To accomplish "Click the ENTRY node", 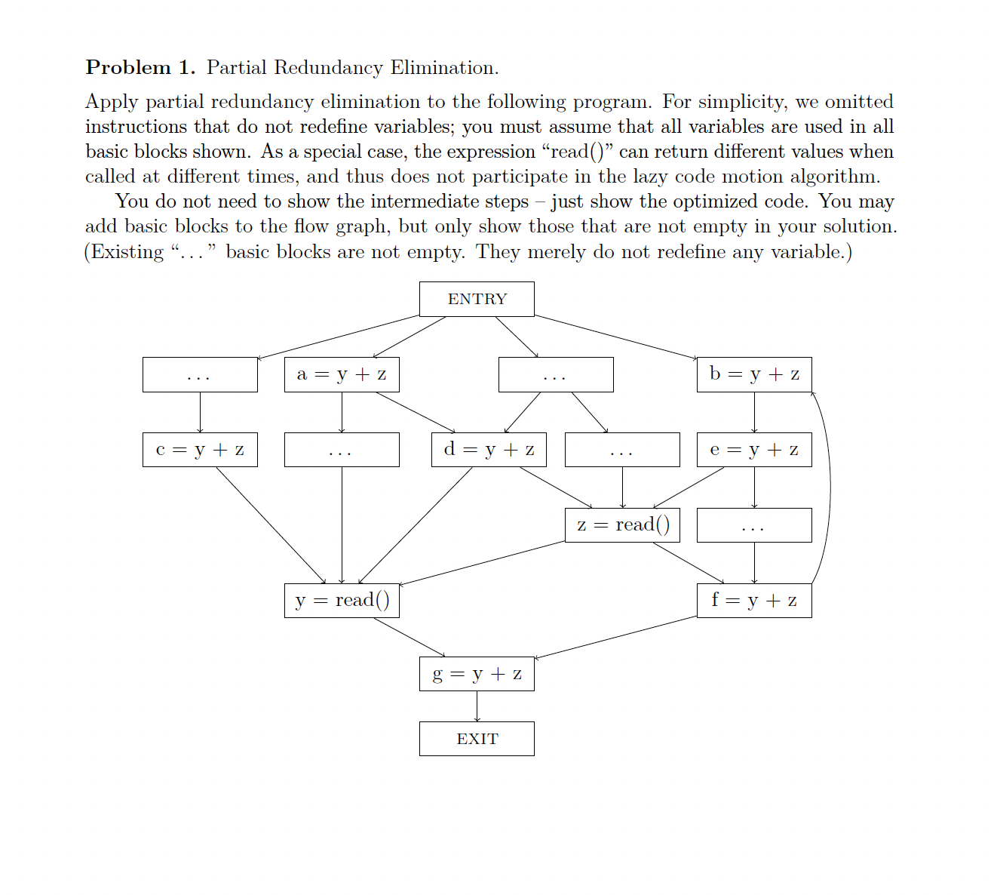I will pyautogui.click(x=477, y=299).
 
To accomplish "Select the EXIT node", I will pyautogui.click(x=477, y=739).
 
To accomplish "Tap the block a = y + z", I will pyautogui.click(x=342, y=374).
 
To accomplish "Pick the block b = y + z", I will pyautogui.click(x=754, y=374).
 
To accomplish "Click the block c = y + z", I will pyautogui.click(x=200, y=450).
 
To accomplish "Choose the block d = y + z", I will pyautogui.click(x=489, y=450).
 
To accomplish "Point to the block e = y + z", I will pyautogui.click(x=754, y=450).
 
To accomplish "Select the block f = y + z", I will pyautogui.click(x=754, y=601).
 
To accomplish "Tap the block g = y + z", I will pyautogui.click(x=477, y=674).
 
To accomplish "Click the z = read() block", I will pyautogui.click(x=622, y=525).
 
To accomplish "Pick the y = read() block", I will pyautogui.click(x=342, y=601).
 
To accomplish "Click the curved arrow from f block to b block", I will pyautogui.click(x=830, y=487).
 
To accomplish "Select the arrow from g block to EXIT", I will pyautogui.click(x=477, y=706).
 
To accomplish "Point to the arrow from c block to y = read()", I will pyautogui.click(x=270, y=524).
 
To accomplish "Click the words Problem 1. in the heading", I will pyautogui.click(x=140, y=68).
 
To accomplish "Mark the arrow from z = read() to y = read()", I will pyautogui.click(x=483, y=563).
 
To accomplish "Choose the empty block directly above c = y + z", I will pyautogui.click(x=200, y=374).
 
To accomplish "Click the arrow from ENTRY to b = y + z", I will pyautogui.click(x=615, y=337).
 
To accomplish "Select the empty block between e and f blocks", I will pyautogui.click(x=754, y=525).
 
